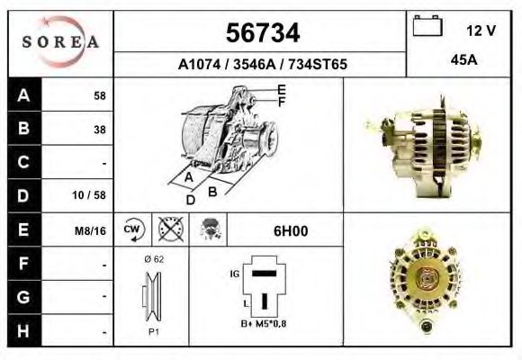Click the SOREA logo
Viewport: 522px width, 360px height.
click(60, 42)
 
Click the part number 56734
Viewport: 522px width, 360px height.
click(261, 33)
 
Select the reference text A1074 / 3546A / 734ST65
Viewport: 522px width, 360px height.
click(263, 65)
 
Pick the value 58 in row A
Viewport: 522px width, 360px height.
click(99, 94)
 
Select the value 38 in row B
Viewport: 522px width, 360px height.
click(99, 129)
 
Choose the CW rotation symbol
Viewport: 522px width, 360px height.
click(131, 229)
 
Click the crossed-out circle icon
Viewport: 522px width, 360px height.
click(167, 230)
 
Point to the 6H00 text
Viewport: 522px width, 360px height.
click(290, 230)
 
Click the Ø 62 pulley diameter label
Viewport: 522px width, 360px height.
click(152, 260)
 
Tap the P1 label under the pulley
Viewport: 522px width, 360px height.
click(153, 331)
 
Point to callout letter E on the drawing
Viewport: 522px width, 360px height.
click(282, 89)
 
